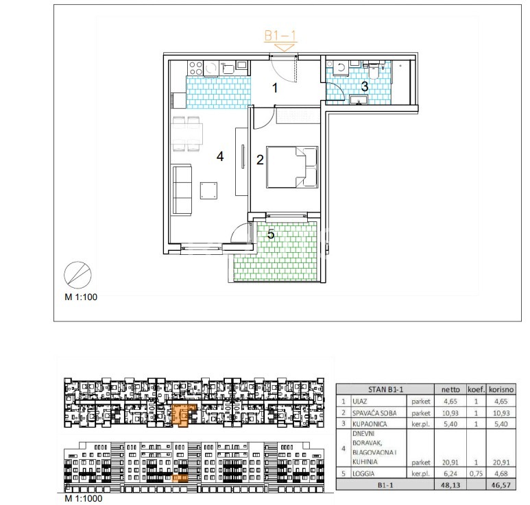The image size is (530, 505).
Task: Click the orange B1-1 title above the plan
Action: click(x=280, y=36)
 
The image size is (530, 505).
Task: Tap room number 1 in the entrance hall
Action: click(x=275, y=88)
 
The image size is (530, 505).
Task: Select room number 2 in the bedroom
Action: click(x=260, y=160)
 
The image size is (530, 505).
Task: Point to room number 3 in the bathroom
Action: click(x=364, y=86)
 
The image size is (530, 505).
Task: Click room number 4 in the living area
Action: click(x=220, y=156)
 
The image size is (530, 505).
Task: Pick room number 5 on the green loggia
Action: click(x=271, y=234)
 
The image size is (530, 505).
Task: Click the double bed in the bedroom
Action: click(x=292, y=167)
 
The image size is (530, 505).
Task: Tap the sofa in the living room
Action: click(x=182, y=190)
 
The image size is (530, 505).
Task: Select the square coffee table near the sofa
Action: click(x=208, y=190)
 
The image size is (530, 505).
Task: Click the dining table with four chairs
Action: click(x=186, y=134)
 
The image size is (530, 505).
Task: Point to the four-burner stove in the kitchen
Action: click(x=195, y=68)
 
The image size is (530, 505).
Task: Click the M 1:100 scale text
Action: click(x=81, y=297)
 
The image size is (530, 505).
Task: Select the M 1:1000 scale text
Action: click(x=84, y=498)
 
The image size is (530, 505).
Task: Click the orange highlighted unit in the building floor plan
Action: click(x=182, y=415)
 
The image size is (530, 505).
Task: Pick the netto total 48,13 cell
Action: click(x=450, y=484)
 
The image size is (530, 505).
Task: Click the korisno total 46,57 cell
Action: click(x=501, y=485)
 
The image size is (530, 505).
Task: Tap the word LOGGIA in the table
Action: click(x=363, y=473)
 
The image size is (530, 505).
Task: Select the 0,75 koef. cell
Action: click(x=476, y=473)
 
